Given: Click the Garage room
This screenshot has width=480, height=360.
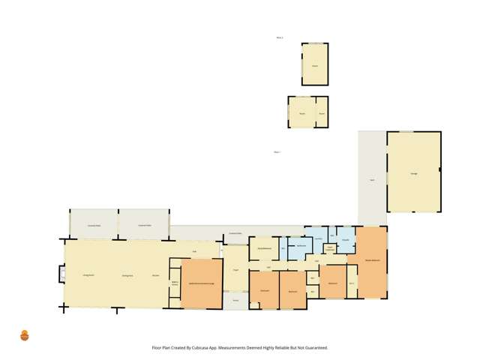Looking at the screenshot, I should (x=413, y=173).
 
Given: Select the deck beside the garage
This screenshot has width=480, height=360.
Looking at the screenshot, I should (x=372, y=180).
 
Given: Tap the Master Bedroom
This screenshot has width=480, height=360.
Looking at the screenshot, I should (x=371, y=260).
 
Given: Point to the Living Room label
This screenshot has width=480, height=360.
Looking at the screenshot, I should (x=87, y=277).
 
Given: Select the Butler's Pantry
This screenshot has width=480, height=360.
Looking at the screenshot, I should (x=175, y=283).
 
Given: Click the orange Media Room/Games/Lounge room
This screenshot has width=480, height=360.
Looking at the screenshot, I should (x=202, y=283).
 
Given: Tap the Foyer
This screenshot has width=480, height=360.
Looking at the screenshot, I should (x=235, y=270).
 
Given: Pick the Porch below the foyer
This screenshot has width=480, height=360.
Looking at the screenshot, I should (x=235, y=300).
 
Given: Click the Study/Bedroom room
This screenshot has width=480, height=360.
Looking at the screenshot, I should (x=264, y=248).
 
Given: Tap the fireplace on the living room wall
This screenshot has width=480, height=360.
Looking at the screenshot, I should (x=60, y=275).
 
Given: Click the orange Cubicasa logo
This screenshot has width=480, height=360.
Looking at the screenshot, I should (x=25, y=335).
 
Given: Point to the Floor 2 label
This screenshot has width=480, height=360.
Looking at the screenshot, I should (x=279, y=37).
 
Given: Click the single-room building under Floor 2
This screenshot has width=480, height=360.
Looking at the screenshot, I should (x=315, y=64).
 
